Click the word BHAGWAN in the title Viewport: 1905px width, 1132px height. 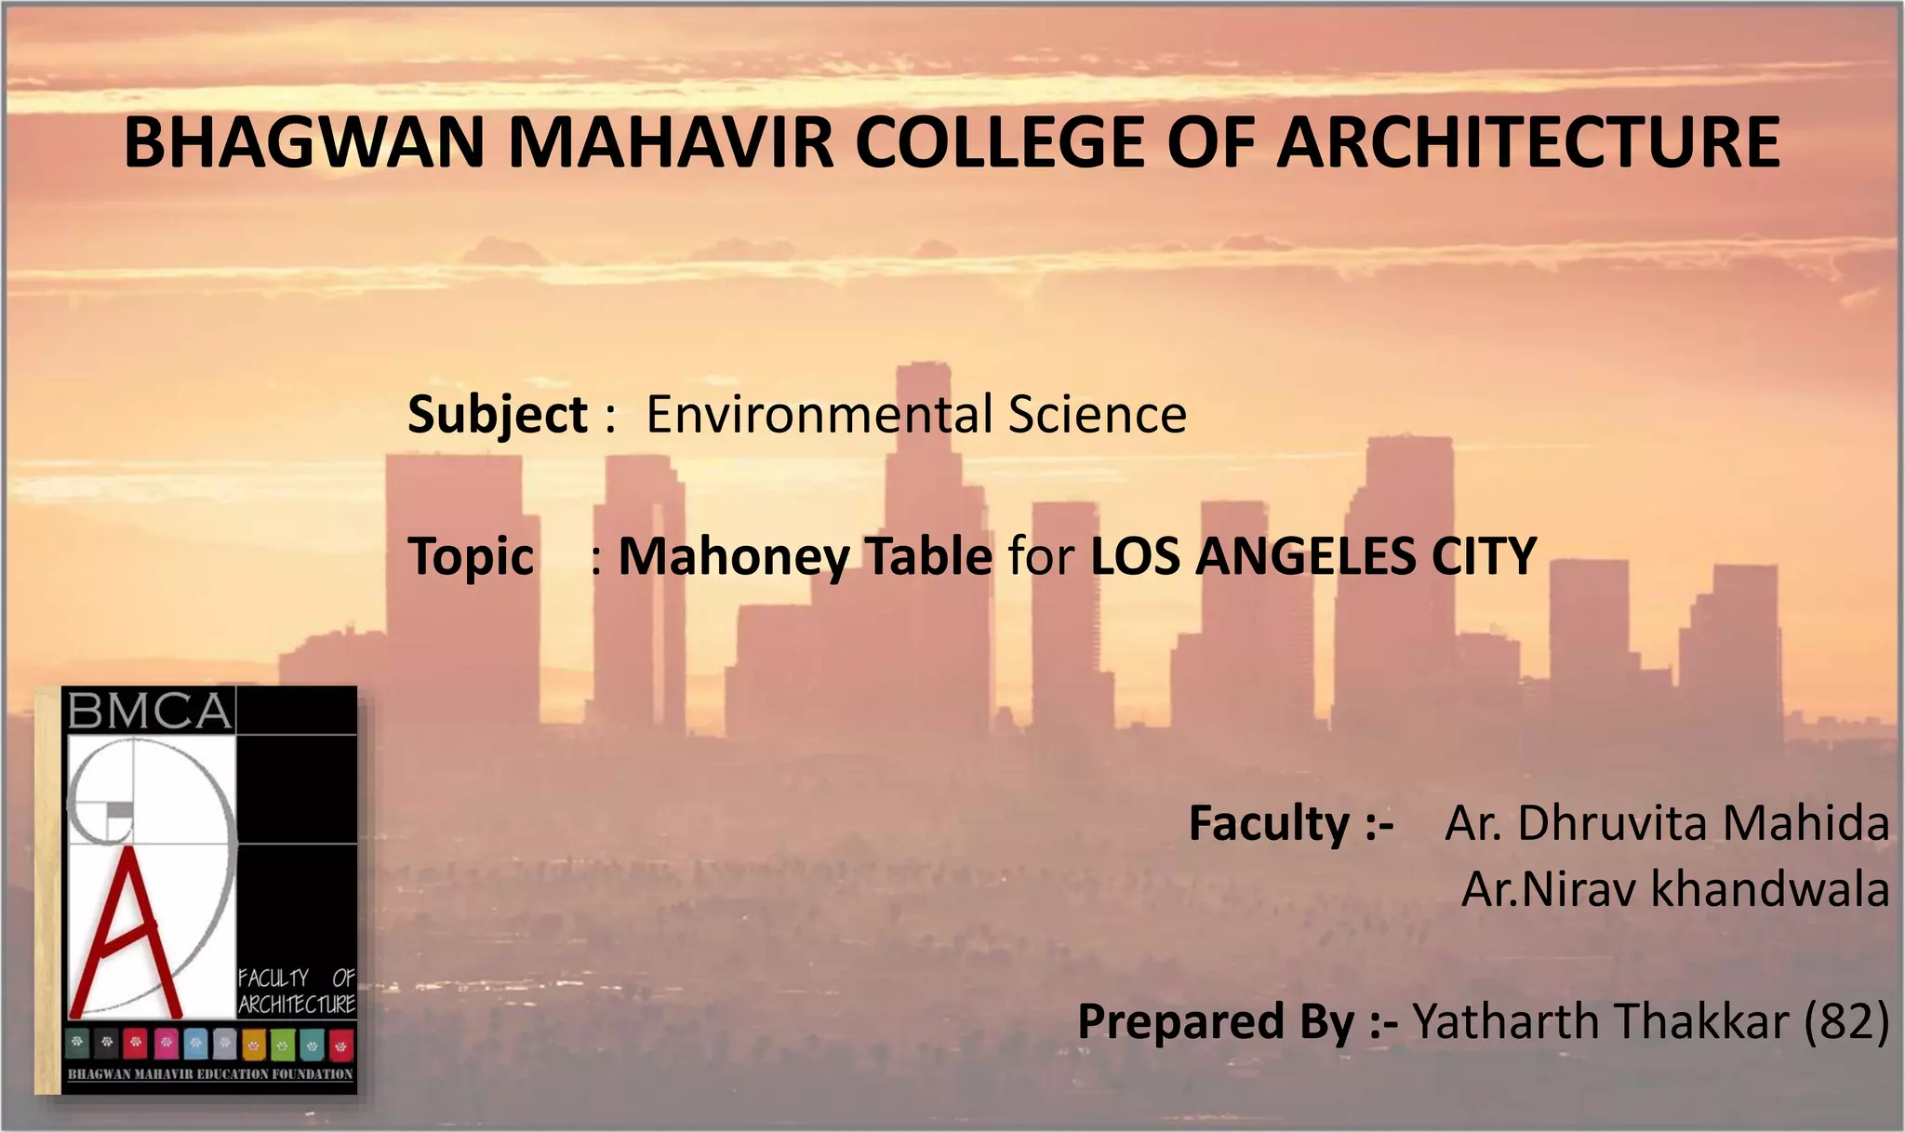pyautogui.click(x=304, y=142)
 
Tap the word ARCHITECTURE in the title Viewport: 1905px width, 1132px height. pyautogui.click(x=1528, y=142)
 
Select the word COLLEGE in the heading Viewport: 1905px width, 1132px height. pyautogui.click(x=1000, y=142)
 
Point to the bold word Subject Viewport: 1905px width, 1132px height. pyautogui.click(x=497, y=416)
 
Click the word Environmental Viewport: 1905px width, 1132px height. pyautogui.click(x=819, y=414)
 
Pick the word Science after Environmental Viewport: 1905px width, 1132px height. pyautogui.click(x=1098, y=414)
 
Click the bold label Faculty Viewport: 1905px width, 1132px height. pyautogui.click(x=1269, y=824)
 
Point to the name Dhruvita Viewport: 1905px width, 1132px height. pyautogui.click(x=1613, y=823)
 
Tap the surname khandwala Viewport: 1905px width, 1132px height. pyautogui.click(x=1770, y=888)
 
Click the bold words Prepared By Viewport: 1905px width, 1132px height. pyautogui.click(x=1216, y=1022)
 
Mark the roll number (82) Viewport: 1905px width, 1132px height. pyautogui.click(x=1846, y=1021)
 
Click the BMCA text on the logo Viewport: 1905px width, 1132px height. pyautogui.click(x=149, y=712)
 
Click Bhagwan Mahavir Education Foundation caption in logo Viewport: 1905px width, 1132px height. pyautogui.click(x=210, y=1074)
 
